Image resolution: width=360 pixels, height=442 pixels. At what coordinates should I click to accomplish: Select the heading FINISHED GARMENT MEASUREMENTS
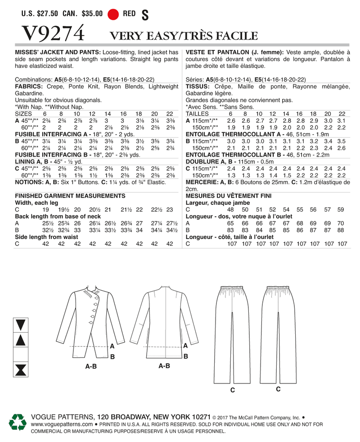point(70,196)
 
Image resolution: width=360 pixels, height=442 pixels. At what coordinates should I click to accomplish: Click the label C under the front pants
point(232,390)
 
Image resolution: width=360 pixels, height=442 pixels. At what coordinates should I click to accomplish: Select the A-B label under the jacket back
point(164,366)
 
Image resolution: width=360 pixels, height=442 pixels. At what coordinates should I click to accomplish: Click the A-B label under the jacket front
point(91,367)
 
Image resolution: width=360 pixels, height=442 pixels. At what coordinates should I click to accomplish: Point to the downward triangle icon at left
point(20,324)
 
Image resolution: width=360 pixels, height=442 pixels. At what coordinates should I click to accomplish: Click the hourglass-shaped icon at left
point(20,370)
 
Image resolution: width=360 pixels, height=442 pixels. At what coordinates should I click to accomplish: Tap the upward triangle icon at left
point(20,340)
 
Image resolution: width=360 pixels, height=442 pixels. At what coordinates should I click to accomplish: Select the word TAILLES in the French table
point(198,114)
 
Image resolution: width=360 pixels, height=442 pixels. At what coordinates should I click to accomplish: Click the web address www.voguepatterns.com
point(62,424)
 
